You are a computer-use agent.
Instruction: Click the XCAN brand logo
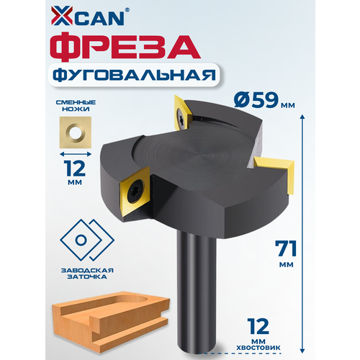click(88, 16)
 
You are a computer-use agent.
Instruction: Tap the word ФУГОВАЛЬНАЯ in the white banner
click(134, 76)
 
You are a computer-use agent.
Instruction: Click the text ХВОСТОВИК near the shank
click(258, 348)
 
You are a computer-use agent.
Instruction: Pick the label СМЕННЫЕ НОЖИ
click(76, 106)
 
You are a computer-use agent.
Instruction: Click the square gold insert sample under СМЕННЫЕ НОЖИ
click(76, 132)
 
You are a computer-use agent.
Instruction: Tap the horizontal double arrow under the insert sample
click(76, 154)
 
